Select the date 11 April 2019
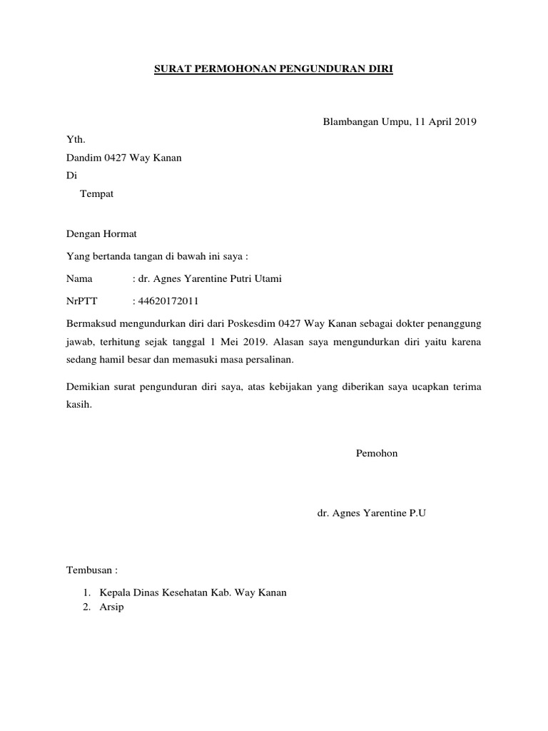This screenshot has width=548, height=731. point(445,121)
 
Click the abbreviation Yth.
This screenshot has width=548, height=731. point(74,140)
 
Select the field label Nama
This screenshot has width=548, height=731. point(79,278)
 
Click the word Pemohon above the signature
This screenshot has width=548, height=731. point(376,453)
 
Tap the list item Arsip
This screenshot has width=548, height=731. point(111,608)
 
